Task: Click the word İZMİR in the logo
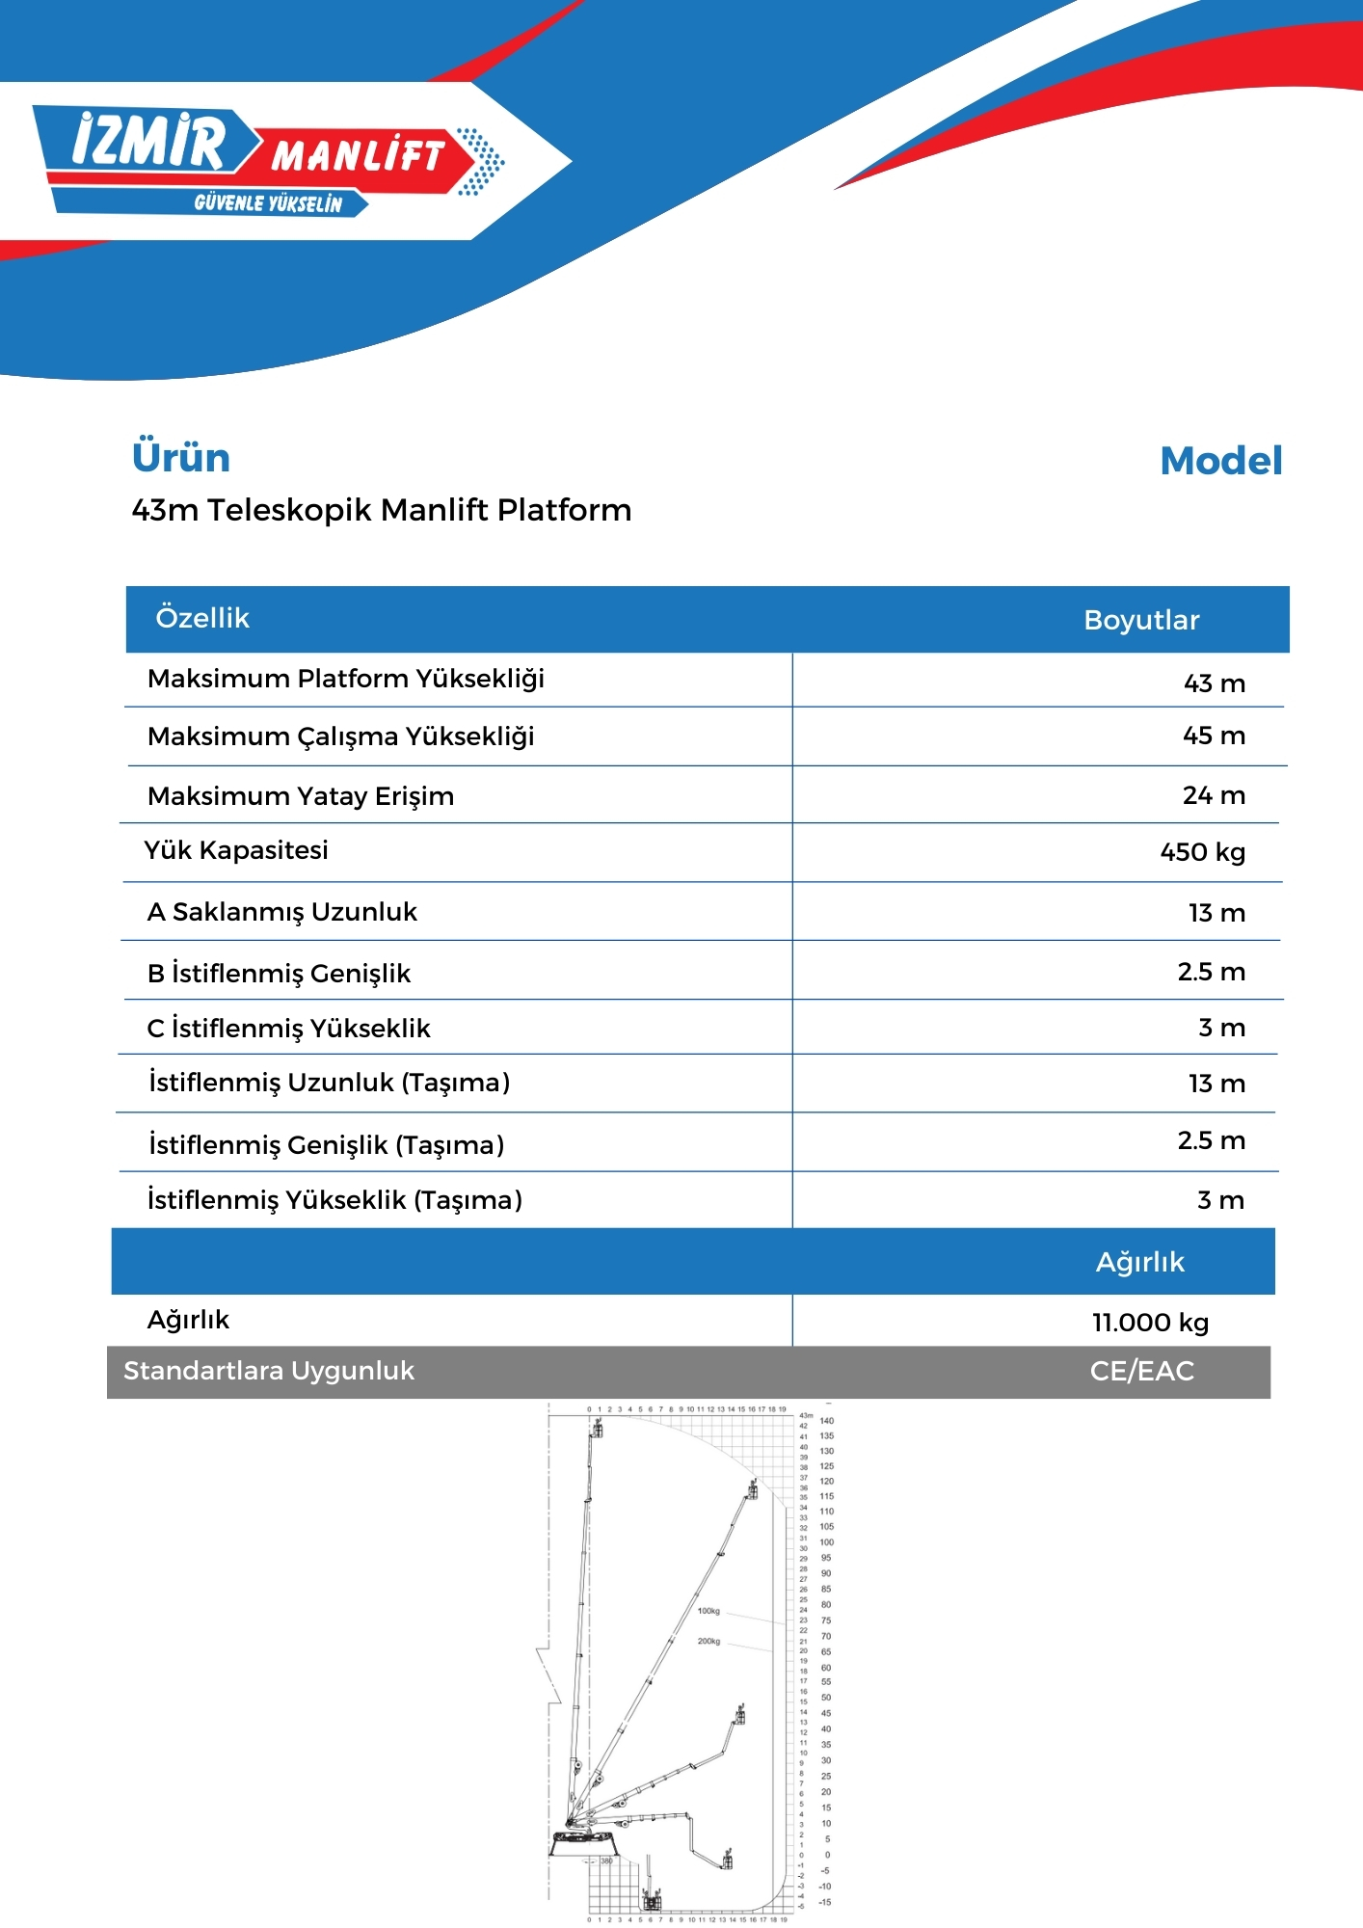pyautogui.click(x=149, y=142)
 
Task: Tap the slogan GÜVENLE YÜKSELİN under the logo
pyautogui.click(x=268, y=203)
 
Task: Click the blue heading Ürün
pyautogui.click(x=181, y=458)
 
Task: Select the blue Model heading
pyautogui.click(x=1220, y=461)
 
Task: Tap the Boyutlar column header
pyautogui.click(x=1141, y=620)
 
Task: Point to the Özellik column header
pyautogui.click(x=202, y=618)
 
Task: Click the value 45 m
pyautogui.click(x=1214, y=736)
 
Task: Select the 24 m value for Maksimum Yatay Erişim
pyautogui.click(x=1214, y=795)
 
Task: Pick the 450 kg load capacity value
pyautogui.click(x=1202, y=852)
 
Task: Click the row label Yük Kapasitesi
pyautogui.click(x=236, y=850)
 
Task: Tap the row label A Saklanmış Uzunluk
pyautogui.click(x=281, y=912)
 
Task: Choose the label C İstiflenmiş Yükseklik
pyautogui.click(x=288, y=1029)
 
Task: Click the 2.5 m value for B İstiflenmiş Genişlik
pyautogui.click(x=1211, y=972)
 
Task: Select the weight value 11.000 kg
pyautogui.click(x=1150, y=1323)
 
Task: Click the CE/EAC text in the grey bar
pyautogui.click(x=1141, y=1371)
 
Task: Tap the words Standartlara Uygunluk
pyautogui.click(x=269, y=1371)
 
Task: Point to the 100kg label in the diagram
pyautogui.click(x=708, y=1611)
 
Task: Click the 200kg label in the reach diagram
pyautogui.click(x=708, y=1641)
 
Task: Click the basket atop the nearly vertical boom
pyautogui.click(x=598, y=1429)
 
